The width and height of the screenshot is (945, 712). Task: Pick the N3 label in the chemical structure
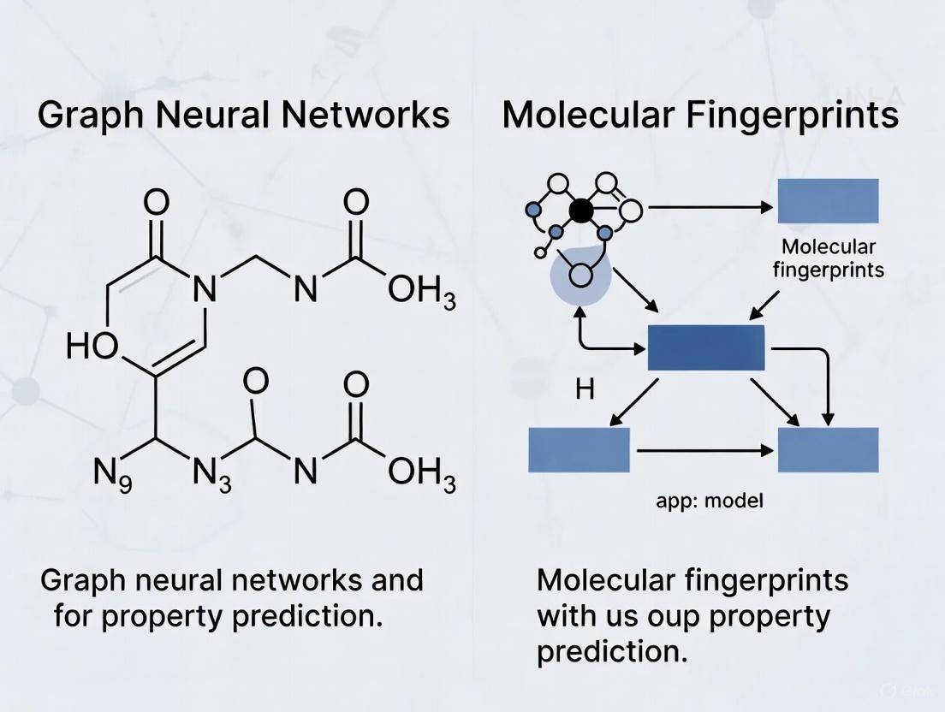pyautogui.click(x=211, y=473)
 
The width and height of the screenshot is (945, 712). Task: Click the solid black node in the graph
pyautogui.click(x=581, y=210)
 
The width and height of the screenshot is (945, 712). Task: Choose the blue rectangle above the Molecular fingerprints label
pyautogui.click(x=828, y=201)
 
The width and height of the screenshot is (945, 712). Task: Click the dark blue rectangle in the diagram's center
pyautogui.click(x=706, y=347)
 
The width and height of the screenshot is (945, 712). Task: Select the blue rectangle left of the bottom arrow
pyautogui.click(x=579, y=449)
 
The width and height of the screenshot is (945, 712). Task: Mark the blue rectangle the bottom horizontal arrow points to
pyautogui.click(x=828, y=449)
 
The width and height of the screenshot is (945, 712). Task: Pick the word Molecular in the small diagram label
pyautogui.click(x=829, y=247)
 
